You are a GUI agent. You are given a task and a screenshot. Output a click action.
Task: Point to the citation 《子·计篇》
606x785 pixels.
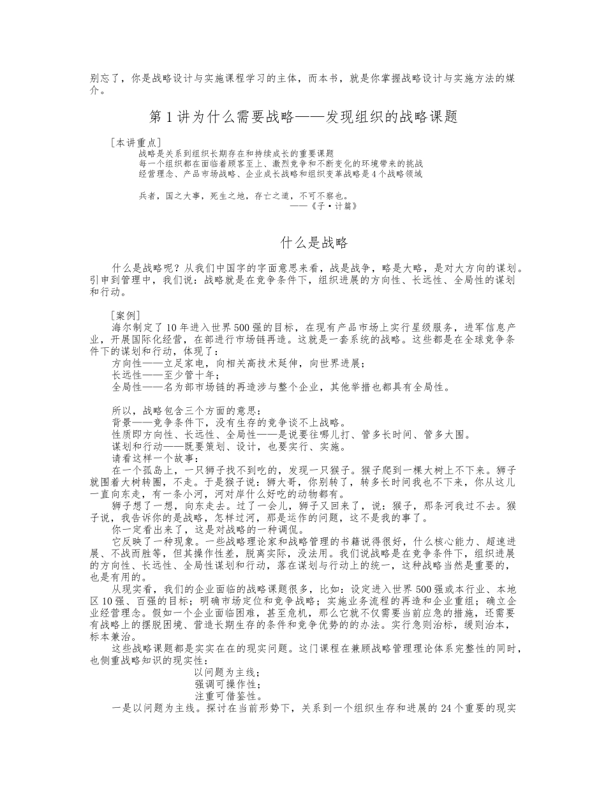328,206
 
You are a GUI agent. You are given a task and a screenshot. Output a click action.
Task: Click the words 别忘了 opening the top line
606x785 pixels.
102,78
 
